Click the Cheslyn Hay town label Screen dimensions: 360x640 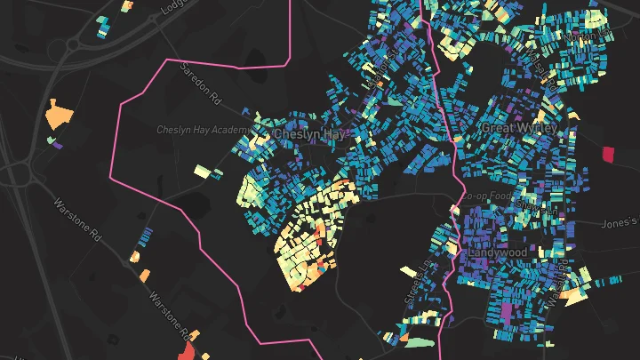pyautogui.click(x=308, y=134)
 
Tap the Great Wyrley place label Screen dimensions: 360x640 pyautogui.click(x=518, y=129)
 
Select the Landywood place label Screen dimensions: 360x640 pyautogui.click(x=498, y=252)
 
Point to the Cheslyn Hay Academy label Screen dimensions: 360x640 pyautogui.click(x=204, y=130)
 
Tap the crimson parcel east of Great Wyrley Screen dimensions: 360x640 pyautogui.click(x=609, y=154)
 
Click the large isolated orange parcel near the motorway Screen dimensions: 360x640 pyautogui.click(x=60, y=114)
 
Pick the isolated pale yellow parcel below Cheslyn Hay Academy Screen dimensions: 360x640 pyautogui.click(x=207, y=170)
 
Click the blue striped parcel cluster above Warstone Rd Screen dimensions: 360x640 pyautogui.click(x=145, y=236)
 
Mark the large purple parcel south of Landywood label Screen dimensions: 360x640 pyautogui.click(x=508, y=313)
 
